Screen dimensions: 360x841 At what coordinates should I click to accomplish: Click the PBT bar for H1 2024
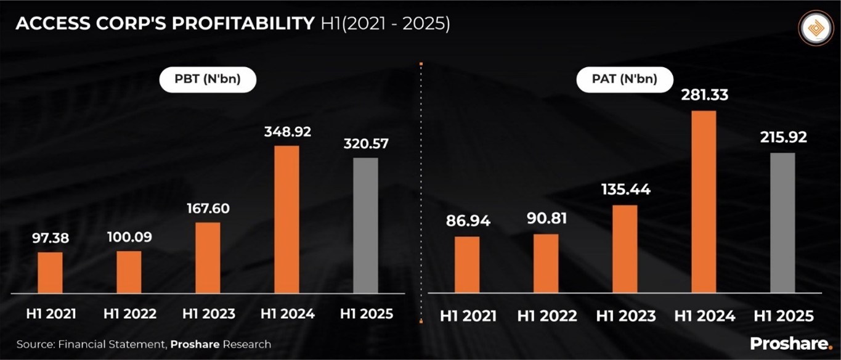tap(286, 219)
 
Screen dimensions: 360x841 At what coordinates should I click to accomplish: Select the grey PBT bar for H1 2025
tap(365, 225)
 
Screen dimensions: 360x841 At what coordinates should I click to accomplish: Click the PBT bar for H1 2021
tap(50, 272)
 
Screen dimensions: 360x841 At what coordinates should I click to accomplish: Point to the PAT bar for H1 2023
tap(625, 248)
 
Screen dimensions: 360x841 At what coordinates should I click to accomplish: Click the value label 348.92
tap(288, 132)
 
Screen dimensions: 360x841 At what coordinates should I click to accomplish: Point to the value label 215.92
tap(782, 137)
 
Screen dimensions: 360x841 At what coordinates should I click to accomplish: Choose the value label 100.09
tap(129, 236)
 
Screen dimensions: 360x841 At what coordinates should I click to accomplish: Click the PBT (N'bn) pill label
tap(208, 80)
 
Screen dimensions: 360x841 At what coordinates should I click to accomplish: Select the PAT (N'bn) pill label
tap(625, 79)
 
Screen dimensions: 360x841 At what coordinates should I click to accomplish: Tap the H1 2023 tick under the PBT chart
tap(208, 313)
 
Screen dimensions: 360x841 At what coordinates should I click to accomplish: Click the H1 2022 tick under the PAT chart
tap(547, 316)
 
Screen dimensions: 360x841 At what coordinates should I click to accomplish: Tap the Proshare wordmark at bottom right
tap(791, 343)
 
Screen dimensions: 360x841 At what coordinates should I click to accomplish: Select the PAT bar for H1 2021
tap(467, 264)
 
